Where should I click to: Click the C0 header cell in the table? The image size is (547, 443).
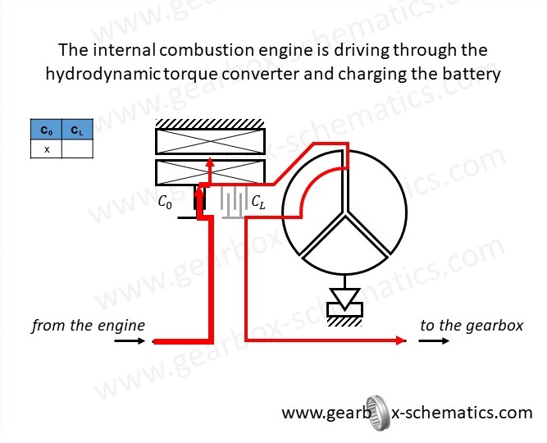coord(46,130)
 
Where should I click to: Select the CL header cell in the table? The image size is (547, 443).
coord(77,130)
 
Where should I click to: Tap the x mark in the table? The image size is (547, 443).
coord(46,148)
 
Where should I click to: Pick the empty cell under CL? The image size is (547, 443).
coord(77,148)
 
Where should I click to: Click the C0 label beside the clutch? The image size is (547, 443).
coord(166,202)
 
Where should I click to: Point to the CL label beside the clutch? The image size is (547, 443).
coord(258,201)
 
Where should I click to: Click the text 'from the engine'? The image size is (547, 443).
coord(88,326)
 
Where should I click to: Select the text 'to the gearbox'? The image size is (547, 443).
coord(471,326)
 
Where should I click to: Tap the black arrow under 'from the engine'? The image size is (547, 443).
coord(130,341)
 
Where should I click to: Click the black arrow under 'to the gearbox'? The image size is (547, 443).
coord(434,341)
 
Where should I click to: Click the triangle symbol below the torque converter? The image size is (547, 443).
coord(344,295)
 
